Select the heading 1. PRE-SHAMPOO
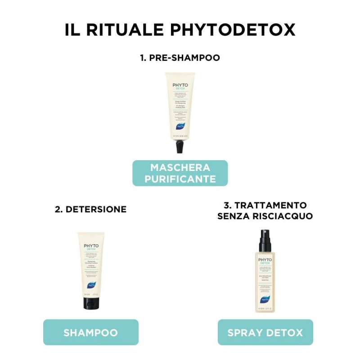point(180,58)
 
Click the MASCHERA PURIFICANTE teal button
point(180,173)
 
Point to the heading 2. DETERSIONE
point(91,209)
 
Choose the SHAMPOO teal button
point(91,333)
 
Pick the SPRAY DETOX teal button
point(265,333)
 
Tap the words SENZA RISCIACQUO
point(265,216)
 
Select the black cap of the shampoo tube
point(91,302)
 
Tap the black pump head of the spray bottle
point(265,241)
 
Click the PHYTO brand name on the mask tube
point(180,85)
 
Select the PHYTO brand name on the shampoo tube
point(91,246)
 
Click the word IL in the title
point(72,30)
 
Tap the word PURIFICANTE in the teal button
point(180,179)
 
